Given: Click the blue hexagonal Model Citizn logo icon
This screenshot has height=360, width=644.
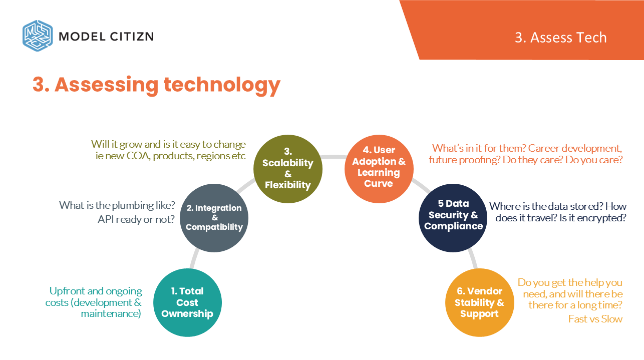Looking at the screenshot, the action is [38, 36].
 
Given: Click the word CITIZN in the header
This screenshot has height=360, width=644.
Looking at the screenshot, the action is [132, 37].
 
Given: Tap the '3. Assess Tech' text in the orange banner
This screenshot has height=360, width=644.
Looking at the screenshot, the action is [560, 38].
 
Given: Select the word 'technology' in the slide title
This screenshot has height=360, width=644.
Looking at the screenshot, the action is [222, 85].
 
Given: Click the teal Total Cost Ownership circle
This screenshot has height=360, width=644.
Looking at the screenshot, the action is [187, 302].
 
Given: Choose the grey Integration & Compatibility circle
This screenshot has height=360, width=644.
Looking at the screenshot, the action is [214, 218].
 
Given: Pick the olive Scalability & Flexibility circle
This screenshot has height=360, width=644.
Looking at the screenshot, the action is [288, 169].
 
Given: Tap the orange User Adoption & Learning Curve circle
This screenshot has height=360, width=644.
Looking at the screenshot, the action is [379, 169].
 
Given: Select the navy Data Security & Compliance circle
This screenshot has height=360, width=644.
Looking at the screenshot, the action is [453, 218].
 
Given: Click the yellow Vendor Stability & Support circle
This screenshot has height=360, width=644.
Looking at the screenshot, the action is [480, 302].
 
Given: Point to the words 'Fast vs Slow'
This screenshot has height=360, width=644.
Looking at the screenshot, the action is [595, 319].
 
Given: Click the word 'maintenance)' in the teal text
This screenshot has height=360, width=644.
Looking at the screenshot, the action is [111, 314].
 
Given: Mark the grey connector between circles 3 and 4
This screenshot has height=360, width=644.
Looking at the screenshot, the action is [334, 157].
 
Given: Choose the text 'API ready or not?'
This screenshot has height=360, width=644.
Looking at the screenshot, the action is [136, 220].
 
